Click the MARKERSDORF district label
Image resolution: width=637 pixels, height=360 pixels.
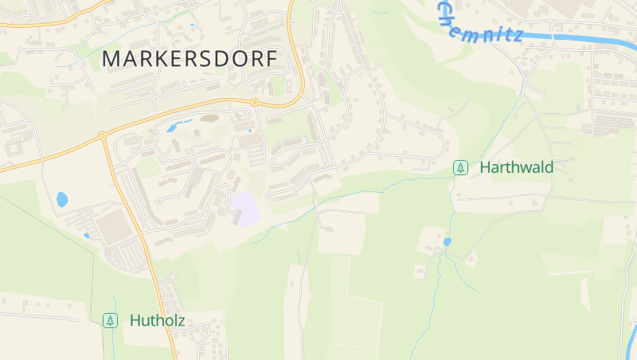(190, 59)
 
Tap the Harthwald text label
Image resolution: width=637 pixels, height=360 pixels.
(516, 168)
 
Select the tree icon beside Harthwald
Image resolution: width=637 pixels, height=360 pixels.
(460, 168)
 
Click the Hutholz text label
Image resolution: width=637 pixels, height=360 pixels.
(157, 321)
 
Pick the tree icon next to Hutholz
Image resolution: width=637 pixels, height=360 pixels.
(111, 321)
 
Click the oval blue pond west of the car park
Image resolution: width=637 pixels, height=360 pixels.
(62, 199)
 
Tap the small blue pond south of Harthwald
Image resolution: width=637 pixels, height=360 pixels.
(447, 241)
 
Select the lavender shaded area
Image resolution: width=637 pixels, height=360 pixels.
(245, 209)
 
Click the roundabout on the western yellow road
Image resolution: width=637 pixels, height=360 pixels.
(103, 136)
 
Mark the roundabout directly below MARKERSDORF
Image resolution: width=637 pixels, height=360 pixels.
(254, 102)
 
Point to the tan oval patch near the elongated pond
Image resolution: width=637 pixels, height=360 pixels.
(210, 119)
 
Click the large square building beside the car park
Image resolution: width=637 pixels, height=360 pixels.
(117, 226)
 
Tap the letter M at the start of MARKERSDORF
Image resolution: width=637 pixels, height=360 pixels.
(111, 59)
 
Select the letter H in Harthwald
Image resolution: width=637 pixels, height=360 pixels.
(485, 168)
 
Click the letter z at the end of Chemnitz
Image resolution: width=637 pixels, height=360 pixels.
(518, 36)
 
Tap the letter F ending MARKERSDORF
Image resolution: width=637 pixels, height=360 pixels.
(272, 59)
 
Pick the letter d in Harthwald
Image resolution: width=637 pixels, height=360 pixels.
(548, 168)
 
